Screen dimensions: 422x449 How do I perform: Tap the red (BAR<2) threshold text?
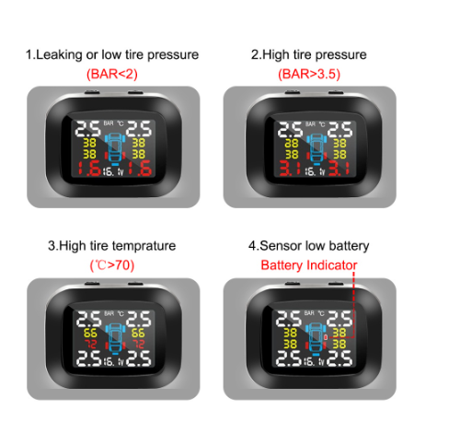point(112,74)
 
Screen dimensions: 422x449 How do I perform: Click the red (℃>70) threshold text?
point(112,264)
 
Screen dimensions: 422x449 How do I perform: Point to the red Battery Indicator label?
point(308,264)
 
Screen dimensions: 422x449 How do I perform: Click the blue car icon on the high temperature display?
point(115,337)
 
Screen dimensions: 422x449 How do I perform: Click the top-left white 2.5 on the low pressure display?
point(87,127)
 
